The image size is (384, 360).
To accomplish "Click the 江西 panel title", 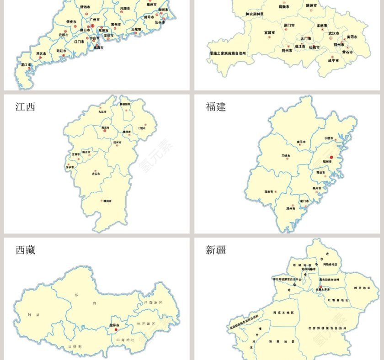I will click(25, 107).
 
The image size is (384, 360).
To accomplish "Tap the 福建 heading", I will click(216, 107).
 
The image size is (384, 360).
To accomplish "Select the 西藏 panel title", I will click(25, 250).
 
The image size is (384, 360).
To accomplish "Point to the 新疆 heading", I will click(216, 250).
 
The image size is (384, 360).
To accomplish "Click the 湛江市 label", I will click(26, 65).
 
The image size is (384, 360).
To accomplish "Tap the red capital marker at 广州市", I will click(92, 26).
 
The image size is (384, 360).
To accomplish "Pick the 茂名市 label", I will click(42, 53).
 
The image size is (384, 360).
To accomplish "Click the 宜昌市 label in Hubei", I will click(270, 33).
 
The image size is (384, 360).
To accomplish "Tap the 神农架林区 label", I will click(255, 14).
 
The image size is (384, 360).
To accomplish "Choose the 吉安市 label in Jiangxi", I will click(96, 174).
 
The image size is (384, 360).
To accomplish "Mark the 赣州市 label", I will click(107, 201).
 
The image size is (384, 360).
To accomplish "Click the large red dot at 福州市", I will click(332, 158).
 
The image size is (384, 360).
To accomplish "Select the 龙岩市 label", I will click(269, 191).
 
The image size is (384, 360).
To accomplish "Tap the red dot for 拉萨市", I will click(116, 329).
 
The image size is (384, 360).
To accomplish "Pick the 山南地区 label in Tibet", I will click(125, 340).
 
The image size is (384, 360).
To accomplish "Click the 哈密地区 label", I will click(361, 288).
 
